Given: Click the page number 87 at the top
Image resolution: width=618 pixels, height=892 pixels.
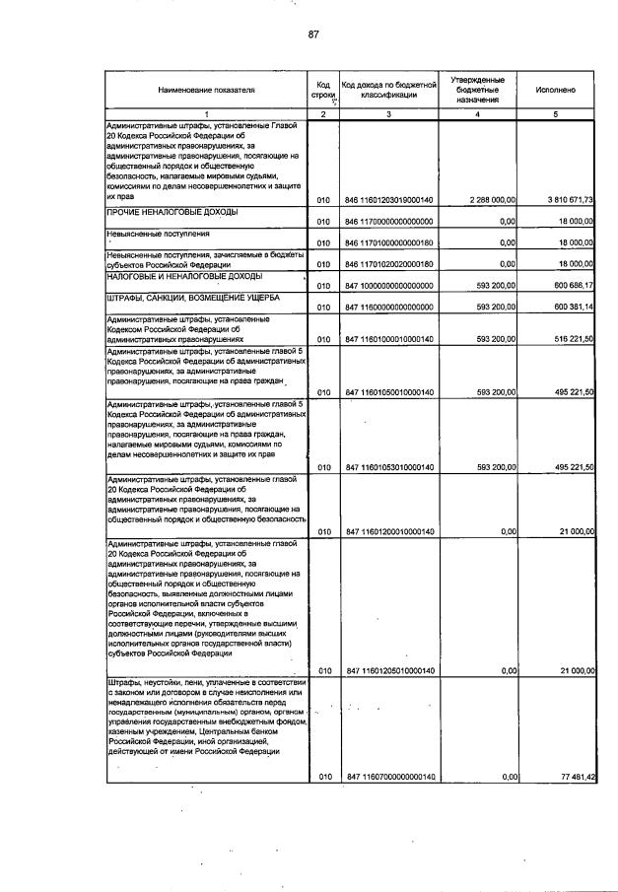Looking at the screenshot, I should [x=312, y=34].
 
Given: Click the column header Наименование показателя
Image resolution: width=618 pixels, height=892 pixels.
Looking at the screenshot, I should [x=205, y=90].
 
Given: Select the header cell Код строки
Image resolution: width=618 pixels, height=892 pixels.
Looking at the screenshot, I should [x=323, y=90].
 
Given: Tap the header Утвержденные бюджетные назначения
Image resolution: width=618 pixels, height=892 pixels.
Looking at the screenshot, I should [x=478, y=90].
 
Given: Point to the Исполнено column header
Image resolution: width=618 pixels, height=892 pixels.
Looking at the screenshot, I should [x=556, y=90].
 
